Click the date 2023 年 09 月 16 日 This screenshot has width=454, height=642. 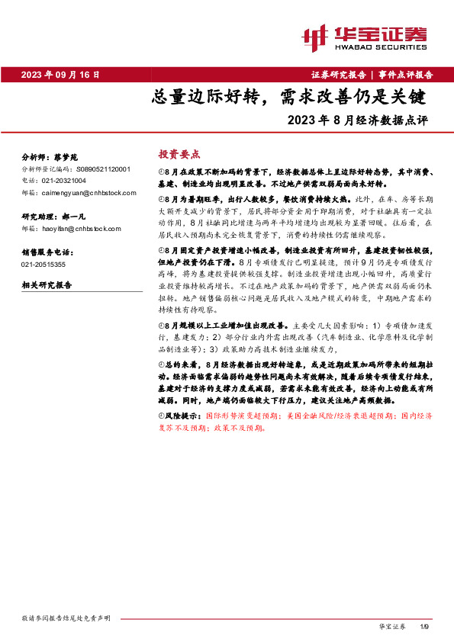coord(61,75)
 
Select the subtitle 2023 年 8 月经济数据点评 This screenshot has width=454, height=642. coord(359,120)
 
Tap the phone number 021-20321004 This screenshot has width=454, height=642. coord(64,181)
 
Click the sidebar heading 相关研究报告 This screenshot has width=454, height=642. coord(47,285)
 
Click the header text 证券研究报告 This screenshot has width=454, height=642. coord(338,75)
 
